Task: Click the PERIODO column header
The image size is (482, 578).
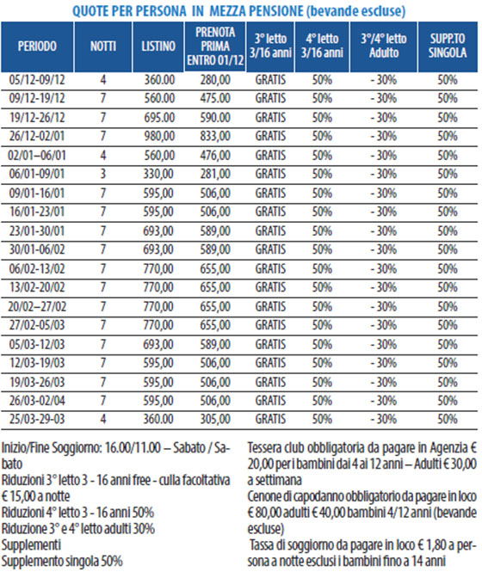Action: coord(37,46)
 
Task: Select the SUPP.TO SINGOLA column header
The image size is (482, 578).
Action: coord(448,46)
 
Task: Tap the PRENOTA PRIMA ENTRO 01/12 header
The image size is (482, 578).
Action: coord(215,46)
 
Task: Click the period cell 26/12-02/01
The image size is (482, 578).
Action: coord(37,136)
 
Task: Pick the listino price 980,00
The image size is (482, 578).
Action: coord(159,136)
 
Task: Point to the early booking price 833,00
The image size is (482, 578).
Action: coord(215,136)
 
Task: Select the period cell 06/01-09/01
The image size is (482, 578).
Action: coord(37,174)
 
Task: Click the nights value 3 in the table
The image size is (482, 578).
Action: coord(103,174)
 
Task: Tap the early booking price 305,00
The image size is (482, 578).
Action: coord(215,419)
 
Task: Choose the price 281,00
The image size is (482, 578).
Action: coord(215,174)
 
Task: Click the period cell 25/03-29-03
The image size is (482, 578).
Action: coord(37,419)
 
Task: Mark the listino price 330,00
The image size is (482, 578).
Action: coord(158,174)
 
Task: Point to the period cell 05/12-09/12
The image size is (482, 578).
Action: coord(37,80)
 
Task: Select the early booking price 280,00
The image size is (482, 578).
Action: coord(215,80)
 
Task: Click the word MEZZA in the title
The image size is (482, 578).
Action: coord(228,11)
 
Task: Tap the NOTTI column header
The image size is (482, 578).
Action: coord(103,46)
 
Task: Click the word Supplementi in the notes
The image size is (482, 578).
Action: coord(31,545)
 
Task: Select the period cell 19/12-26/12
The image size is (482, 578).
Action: coord(37,118)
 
